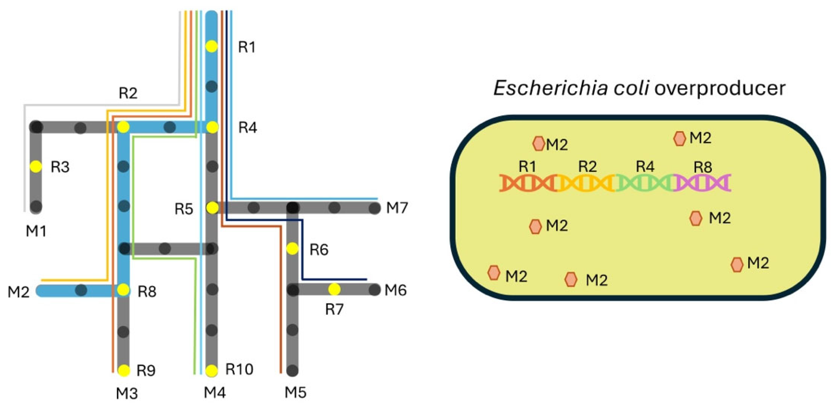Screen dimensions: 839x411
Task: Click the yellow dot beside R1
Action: (212, 46)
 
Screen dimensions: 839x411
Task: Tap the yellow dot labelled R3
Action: (36, 167)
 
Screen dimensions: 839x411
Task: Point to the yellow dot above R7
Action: (334, 289)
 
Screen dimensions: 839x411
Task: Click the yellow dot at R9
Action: (124, 370)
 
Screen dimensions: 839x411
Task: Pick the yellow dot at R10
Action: (212, 370)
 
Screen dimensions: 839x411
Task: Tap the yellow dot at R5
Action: (212, 208)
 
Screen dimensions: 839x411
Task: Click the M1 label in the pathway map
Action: (36, 231)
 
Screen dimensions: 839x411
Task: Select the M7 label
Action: (397, 208)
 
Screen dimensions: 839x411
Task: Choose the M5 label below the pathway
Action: (295, 392)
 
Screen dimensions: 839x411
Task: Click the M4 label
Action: (215, 392)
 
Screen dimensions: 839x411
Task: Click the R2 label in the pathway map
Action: (128, 93)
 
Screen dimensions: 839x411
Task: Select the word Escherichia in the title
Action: (551, 88)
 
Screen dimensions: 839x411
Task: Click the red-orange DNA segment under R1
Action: (528, 182)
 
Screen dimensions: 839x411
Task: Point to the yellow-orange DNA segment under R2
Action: (586, 182)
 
